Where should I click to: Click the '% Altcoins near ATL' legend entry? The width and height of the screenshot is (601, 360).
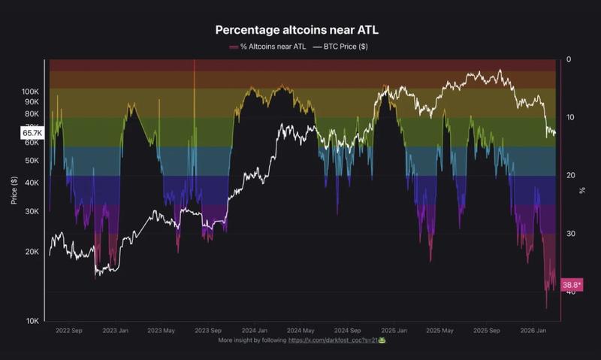[x=269, y=47]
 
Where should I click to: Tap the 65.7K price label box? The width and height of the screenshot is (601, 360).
[x=32, y=132]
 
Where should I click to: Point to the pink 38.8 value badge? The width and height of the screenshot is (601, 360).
[x=571, y=285]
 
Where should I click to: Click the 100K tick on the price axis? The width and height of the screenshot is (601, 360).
[x=31, y=91]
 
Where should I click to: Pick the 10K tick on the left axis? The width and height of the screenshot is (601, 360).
[x=33, y=321]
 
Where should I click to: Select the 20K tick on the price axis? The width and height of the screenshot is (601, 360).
[x=33, y=252]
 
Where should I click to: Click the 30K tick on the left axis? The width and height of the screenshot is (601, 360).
[x=33, y=211]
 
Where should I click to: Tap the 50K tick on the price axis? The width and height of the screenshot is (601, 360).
[x=33, y=161]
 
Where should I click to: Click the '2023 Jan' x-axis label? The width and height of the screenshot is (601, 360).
[x=116, y=330]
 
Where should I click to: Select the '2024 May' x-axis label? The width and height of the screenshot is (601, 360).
[x=300, y=330]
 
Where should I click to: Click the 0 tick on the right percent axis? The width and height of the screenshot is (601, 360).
[x=569, y=59]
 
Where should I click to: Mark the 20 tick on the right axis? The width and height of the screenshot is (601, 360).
[x=570, y=175]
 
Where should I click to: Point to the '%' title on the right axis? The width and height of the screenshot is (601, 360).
[x=582, y=190]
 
